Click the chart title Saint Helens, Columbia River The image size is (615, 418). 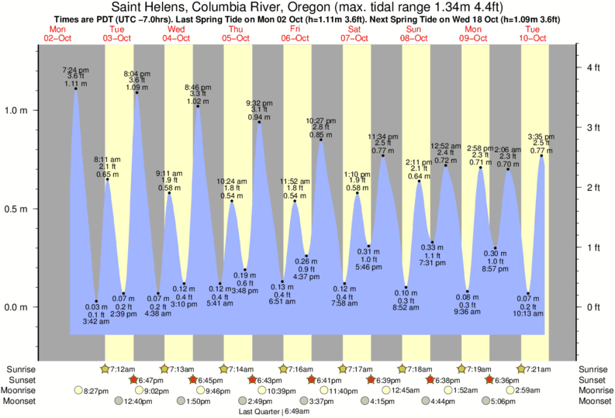coord(307,8)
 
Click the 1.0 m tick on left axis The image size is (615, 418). coord(18,110)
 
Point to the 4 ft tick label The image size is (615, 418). coord(593,68)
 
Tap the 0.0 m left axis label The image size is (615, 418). coord(18,307)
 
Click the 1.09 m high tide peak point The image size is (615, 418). coord(136,93)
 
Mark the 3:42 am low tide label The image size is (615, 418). coord(96,322)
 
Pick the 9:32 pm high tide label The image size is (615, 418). coord(258,102)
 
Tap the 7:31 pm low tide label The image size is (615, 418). coord(432,263)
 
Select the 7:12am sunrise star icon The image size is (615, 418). coord(105,368)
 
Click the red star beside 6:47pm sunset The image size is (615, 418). coord(133,380)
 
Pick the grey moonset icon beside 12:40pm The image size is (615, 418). coord(119,402)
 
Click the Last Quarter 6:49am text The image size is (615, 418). coord(268,412)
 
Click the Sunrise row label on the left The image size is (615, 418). coord(21,368)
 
